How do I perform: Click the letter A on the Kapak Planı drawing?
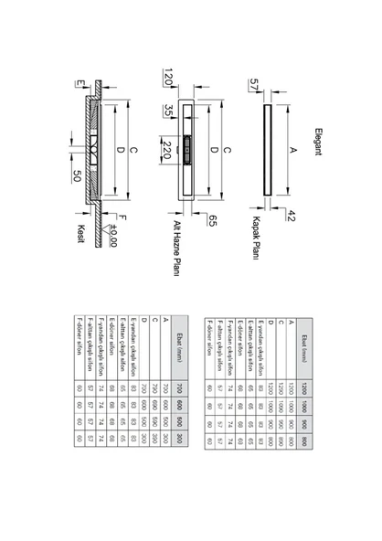[x=292, y=146]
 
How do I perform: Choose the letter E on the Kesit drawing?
[x=81, y=84]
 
